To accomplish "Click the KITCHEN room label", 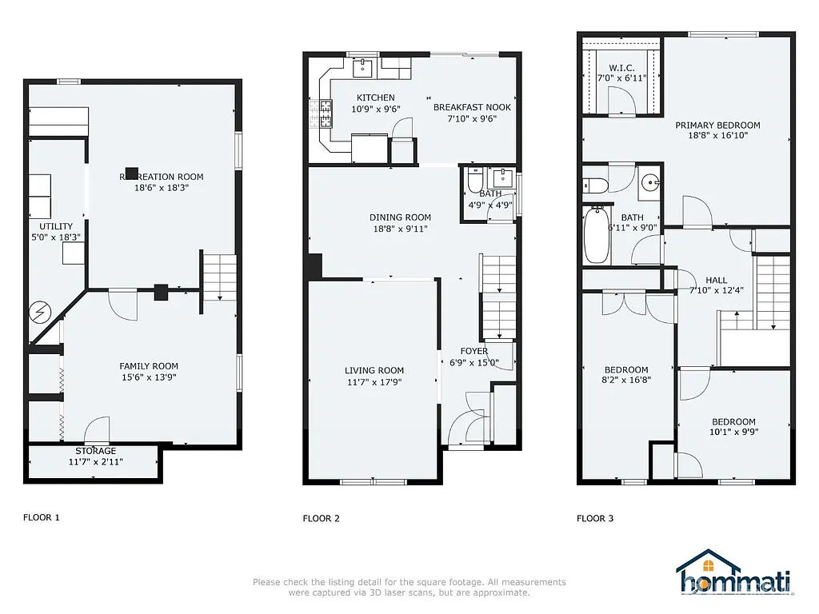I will tap(375, 98).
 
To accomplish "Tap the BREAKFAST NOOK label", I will tap(472, 107).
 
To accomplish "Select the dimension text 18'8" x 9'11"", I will tap(400, 229).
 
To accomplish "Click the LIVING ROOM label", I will tap(374, 370).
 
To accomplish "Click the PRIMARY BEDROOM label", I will tap(717, 125).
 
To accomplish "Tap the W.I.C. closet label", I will tap(621, 67).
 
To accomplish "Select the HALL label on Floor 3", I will tap(716, 280).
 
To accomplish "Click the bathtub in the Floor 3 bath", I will tap(597, 235).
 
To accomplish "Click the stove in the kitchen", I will tap(326, 114).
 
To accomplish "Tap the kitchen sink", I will tap(363, 67).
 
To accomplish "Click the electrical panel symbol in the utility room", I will tap(39, 313).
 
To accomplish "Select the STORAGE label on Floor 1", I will tap(96, 451).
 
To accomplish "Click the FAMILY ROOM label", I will tap(149, 366).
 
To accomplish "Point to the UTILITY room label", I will tap(56, 226).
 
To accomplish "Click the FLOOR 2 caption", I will tap(321, 518).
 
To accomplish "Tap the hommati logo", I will tap(733, 576).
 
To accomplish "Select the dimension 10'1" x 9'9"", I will tap(733, 433).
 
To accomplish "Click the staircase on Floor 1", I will tap(220, 276).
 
